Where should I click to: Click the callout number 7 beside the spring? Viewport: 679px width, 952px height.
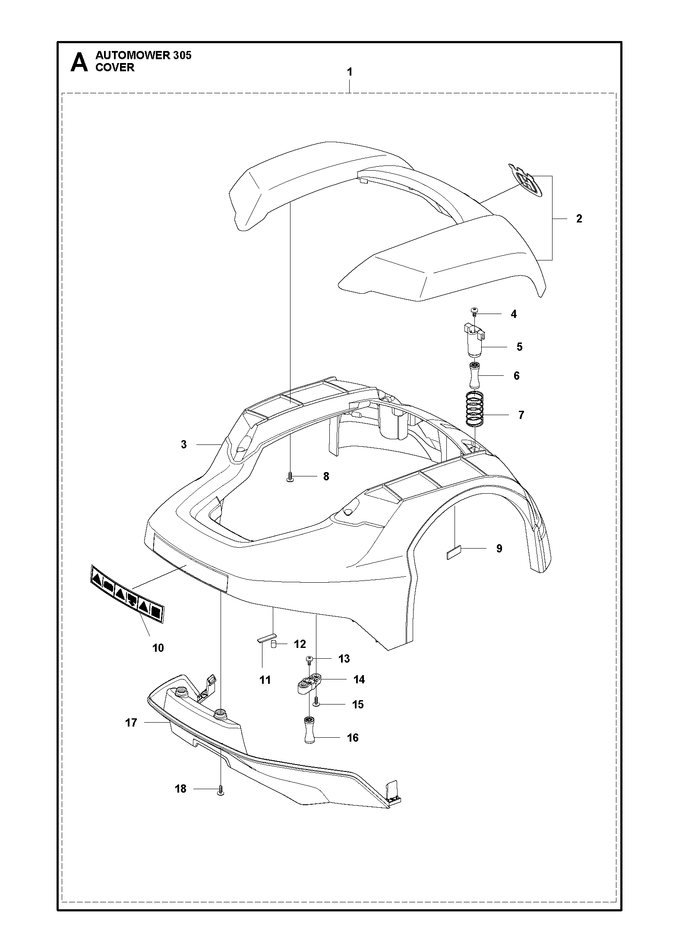click(521, 415)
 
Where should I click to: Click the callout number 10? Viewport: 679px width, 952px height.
click(158, 648)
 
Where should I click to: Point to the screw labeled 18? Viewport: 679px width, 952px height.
click(221, 789)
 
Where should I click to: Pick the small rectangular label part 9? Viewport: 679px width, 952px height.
click(454, 552)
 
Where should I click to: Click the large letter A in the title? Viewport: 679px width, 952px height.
click(79, 63)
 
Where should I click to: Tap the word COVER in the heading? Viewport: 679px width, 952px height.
click(115, 67)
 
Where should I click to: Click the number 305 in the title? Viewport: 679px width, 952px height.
click(180, 55)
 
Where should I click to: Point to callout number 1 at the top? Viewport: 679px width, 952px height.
click(350, 72)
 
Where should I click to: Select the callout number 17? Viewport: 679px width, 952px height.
click(131, 722)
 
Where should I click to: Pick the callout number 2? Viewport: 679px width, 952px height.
click(579, 219)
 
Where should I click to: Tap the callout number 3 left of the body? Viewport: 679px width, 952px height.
click(184, 444)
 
